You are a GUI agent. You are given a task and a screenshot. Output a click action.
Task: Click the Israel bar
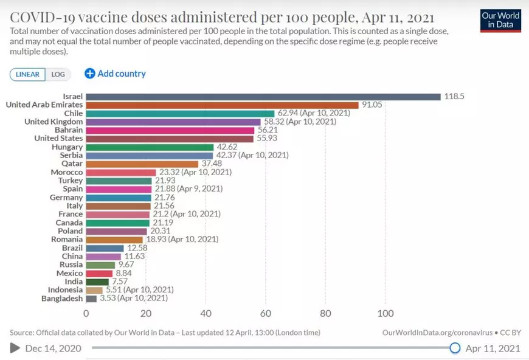[x=263, y=96]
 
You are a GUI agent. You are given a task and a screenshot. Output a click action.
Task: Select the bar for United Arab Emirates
[x=222, y=105]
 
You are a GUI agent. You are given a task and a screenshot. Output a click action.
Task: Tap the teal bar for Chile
[x=180, y=113]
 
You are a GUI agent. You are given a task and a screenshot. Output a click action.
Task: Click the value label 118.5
[x=454, y=96]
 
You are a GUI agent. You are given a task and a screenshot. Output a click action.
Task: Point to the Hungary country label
[x=67, y=147]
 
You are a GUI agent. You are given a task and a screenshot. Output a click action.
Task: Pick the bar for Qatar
[x=142, y=164]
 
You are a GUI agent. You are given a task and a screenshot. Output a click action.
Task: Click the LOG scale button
[x=58, y=74]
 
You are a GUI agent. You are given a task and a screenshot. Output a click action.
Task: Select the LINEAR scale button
[x=27, y=74]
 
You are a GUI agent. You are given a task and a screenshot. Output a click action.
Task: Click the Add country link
[x=116, y=74]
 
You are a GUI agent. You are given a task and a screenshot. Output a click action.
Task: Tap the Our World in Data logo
[x=500, y=19]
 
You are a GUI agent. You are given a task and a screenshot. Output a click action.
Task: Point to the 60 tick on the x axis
[x=266, y=314]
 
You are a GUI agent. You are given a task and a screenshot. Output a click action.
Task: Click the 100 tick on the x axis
[x=386, y=314]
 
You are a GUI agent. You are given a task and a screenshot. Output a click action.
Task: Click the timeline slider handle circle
[x=455, y=348]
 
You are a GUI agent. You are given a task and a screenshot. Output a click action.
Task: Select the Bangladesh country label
[x=62, y=299]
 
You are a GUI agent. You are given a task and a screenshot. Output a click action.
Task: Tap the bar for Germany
[x=118, y=198]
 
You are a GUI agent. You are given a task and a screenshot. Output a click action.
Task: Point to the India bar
[x=97, y=282]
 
